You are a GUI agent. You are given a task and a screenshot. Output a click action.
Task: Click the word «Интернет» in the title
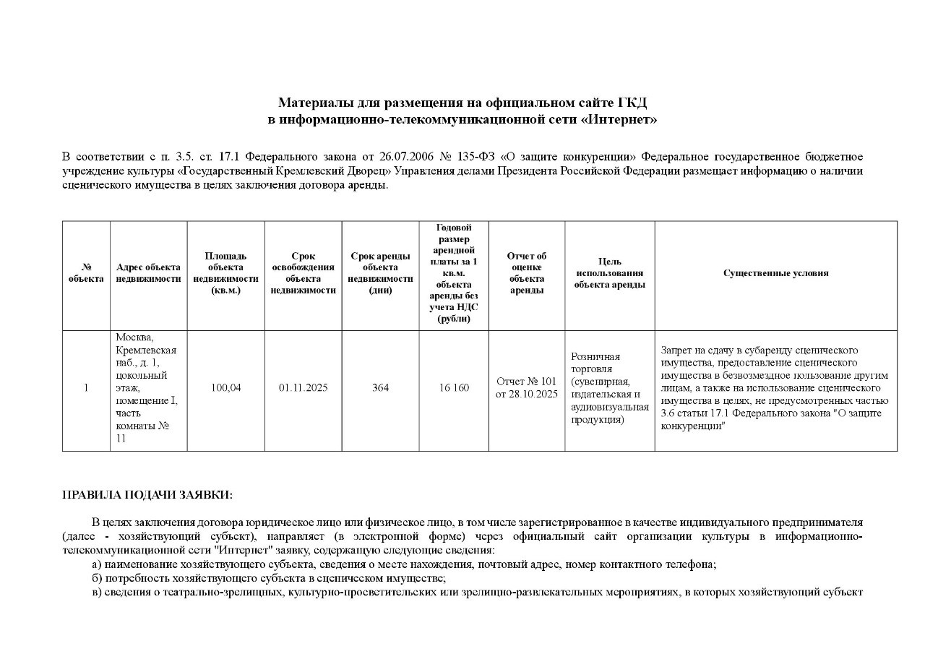pos(619,119)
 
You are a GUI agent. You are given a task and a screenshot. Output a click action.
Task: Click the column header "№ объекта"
pos(86,273)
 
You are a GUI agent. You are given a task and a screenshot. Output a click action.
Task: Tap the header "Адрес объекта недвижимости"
pos(148,273)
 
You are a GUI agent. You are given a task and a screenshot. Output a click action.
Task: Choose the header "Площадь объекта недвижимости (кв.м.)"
pos(225,273)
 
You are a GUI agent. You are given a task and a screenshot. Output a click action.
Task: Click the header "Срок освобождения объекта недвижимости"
pos(303,273)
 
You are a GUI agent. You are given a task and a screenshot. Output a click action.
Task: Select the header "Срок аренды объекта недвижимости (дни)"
pos(380,273)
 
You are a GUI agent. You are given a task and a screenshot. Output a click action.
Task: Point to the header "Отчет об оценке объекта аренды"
pos(526,273)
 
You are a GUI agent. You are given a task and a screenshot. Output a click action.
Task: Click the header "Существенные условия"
pos(775,273)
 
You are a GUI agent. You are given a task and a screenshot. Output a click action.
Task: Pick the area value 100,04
pos(225,388)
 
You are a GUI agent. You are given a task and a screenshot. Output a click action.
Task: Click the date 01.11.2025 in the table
pos(303,388)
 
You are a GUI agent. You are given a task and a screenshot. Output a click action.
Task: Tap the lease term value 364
pos(380,388)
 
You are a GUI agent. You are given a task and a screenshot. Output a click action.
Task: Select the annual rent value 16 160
pos(454,388)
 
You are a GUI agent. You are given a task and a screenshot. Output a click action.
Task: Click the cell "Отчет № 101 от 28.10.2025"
pos(526,388)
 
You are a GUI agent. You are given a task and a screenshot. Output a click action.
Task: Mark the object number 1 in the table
pos(86,388)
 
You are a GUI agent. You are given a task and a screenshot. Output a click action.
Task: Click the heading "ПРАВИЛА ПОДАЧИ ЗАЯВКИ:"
pos(147,495)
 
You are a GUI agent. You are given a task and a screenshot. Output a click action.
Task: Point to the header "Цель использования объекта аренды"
pos(609,273)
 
